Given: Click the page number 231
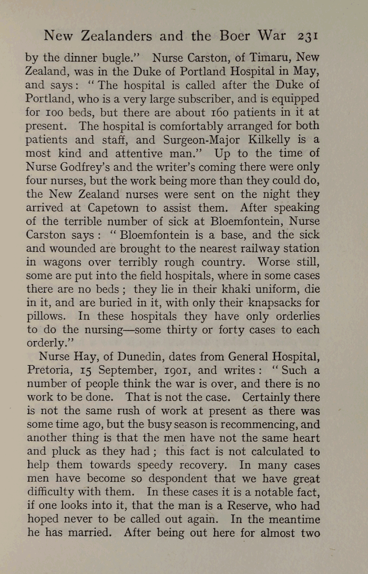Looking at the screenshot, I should pos(309,36).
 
